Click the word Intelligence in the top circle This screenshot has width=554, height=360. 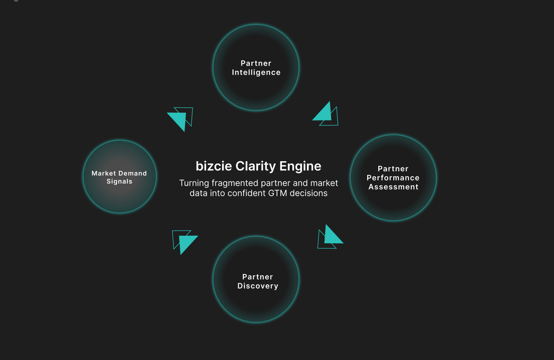(256, 73)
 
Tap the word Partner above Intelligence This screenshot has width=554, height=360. (256, 63)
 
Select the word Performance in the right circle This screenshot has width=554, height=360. (393, 178)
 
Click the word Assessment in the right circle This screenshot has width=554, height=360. (393, 187)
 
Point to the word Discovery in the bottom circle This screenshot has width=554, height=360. (258, 286)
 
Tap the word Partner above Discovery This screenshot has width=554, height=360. (257, 277)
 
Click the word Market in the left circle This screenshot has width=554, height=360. (104, 173)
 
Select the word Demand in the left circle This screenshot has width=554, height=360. (133, 173)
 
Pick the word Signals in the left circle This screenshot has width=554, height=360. (119, 182)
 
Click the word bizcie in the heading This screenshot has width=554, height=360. (214, 166)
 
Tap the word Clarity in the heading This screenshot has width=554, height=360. (256, 166)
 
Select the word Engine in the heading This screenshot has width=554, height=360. (300, 166)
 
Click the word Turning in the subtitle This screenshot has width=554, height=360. (194, 183)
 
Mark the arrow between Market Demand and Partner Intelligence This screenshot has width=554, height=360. (180, 118)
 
